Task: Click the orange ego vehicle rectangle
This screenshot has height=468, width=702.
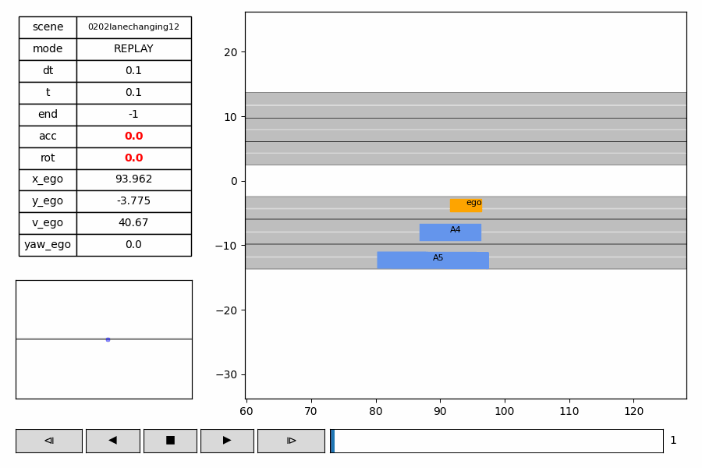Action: pyautogui.click(x=465, y=206)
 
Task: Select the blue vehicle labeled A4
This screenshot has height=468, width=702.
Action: pyautogui.click(x=450, y=232)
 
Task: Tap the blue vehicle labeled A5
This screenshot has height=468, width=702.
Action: pyautogui.click(x=433, y=261)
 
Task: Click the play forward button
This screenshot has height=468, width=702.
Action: pyautogui.click(x=227, y=441)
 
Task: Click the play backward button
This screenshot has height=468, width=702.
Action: pyautogui.click(x=112, y=441)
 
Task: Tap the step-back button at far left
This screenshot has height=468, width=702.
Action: pyautogui.click(x=48, y=441)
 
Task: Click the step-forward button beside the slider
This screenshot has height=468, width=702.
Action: pyautogui.click(x=291, y=441)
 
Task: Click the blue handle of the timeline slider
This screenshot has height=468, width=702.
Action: pyautogui.click(x=332, y=441)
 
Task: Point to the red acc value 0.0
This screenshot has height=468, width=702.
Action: pyautogui.click(x=133, y=136)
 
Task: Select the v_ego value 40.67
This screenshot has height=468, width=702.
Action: pyautogui.click(x=133, y=223)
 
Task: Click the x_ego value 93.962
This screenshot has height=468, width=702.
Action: pyautogui.click(x=133, y=179)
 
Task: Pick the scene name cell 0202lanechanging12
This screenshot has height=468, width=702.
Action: pyautogui.click(x=133, y=27)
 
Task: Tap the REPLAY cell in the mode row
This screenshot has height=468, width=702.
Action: pyautogui.click(x=133, y=49)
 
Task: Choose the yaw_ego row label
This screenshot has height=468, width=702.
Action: pyautogui.click(x=48, y=245)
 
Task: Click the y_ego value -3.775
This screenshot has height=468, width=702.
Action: pyautogui.click(x=133, y=201)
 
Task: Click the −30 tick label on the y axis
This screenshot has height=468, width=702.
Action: pyautogui.click(x=226, y=374)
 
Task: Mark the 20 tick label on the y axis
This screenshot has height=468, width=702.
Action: pyautogui.click(x=230, y=52)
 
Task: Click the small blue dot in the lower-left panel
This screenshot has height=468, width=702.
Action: pyautogui.click(x=108, y=339)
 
